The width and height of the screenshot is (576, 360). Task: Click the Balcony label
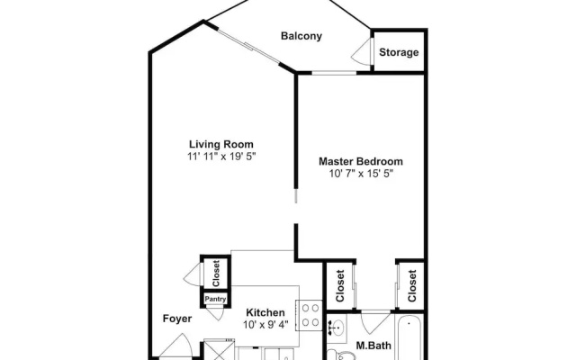tap(301, 36)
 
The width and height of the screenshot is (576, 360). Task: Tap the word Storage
tap(399, 52)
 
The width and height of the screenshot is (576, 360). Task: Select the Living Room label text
tap(221, 144)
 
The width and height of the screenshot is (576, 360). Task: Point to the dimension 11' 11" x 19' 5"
tap(221, 157)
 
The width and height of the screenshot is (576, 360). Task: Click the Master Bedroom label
tap(361, 161)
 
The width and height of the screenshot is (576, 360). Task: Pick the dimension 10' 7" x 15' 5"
tap(361, 174)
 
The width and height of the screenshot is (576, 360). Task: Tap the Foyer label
tap(177, 319)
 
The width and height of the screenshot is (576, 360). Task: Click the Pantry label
tap(215, 299)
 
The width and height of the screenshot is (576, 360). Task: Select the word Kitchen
tap(265, 312)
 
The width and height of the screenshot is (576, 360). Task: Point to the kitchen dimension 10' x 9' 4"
tap(265, 325)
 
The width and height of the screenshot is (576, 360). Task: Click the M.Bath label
tap(373, 346)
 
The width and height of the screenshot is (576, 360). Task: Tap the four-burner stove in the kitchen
tap(310, 315)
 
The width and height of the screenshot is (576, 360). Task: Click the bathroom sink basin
tap(337, 327)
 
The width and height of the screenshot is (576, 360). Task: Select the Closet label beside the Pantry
tap(216, 274)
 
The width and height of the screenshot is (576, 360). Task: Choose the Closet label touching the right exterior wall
tap(412, 286)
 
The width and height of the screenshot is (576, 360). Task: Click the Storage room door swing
tap(362, 52)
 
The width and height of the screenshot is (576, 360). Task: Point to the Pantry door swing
tap(215, 313)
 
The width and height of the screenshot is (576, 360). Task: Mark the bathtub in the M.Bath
tap(409, 338)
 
